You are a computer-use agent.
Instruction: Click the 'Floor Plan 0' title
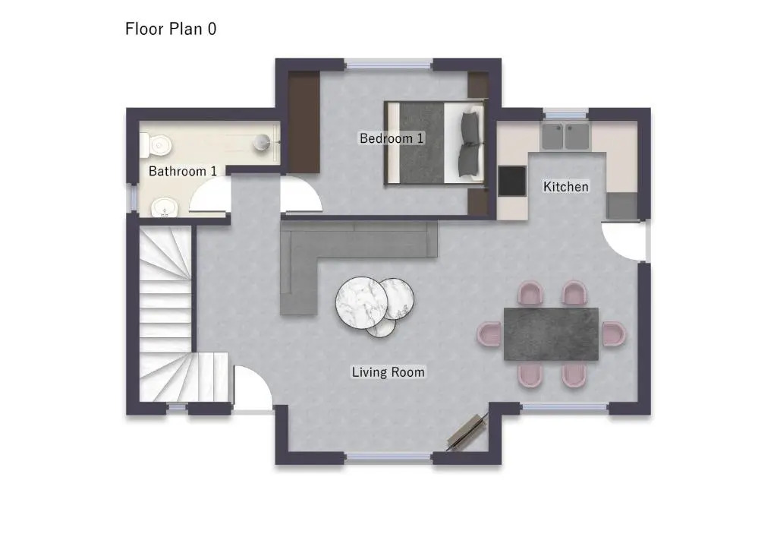171,29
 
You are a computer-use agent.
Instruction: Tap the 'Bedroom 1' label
392,137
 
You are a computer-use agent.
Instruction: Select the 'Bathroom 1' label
183,171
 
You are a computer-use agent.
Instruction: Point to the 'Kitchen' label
566,186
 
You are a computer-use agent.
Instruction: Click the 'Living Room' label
388,372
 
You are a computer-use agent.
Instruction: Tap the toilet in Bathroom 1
156,145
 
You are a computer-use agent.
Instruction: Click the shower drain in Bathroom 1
262,142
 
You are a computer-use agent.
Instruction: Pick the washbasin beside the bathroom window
164,207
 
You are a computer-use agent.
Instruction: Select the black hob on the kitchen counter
512,181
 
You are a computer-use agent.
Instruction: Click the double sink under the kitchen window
565,137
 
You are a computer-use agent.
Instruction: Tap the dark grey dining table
551,333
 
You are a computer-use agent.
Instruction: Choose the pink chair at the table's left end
489,333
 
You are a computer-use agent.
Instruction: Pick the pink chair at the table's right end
614,333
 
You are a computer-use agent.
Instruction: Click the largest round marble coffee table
361,302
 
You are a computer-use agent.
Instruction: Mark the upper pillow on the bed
470,126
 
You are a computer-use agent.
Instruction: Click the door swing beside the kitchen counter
624,242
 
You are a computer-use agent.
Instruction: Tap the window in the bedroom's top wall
388,64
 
